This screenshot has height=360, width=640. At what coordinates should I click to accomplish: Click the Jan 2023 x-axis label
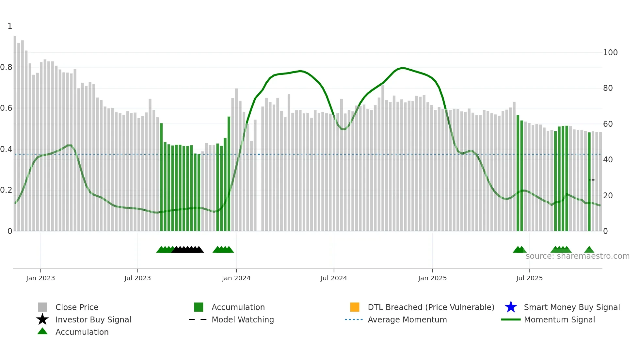click(40, 278)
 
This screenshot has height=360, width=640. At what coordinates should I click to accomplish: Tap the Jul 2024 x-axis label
click(334, 278)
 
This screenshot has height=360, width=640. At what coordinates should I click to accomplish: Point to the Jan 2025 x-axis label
click(432, 278)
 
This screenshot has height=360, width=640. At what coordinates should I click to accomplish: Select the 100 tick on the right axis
click(610, 53)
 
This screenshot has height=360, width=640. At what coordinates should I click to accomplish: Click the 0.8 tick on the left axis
click(6, 67)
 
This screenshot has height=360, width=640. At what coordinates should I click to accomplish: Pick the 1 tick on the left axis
click(10, 26)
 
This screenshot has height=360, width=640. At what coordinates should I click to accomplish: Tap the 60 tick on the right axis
click(608, 124)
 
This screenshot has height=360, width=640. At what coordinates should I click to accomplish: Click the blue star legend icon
click(511, 307)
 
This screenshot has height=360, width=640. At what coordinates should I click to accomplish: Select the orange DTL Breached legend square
click(355, 307)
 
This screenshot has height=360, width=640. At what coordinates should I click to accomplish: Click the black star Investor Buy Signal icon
click(42, 319)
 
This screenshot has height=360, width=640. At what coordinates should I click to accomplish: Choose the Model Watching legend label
click(243, 319)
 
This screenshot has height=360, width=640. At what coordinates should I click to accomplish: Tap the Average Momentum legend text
click(407, 319)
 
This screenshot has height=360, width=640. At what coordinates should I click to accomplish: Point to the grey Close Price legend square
click(42, 307)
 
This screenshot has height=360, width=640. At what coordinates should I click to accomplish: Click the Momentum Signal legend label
click(559, 319)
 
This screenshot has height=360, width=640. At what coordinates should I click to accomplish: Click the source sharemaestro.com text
click(577, 256)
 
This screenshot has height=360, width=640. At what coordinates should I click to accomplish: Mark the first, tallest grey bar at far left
click(15, 131)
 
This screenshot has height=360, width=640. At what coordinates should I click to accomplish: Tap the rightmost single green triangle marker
click(589, 250)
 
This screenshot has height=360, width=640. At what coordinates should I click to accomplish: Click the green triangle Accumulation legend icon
click(42, 331)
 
